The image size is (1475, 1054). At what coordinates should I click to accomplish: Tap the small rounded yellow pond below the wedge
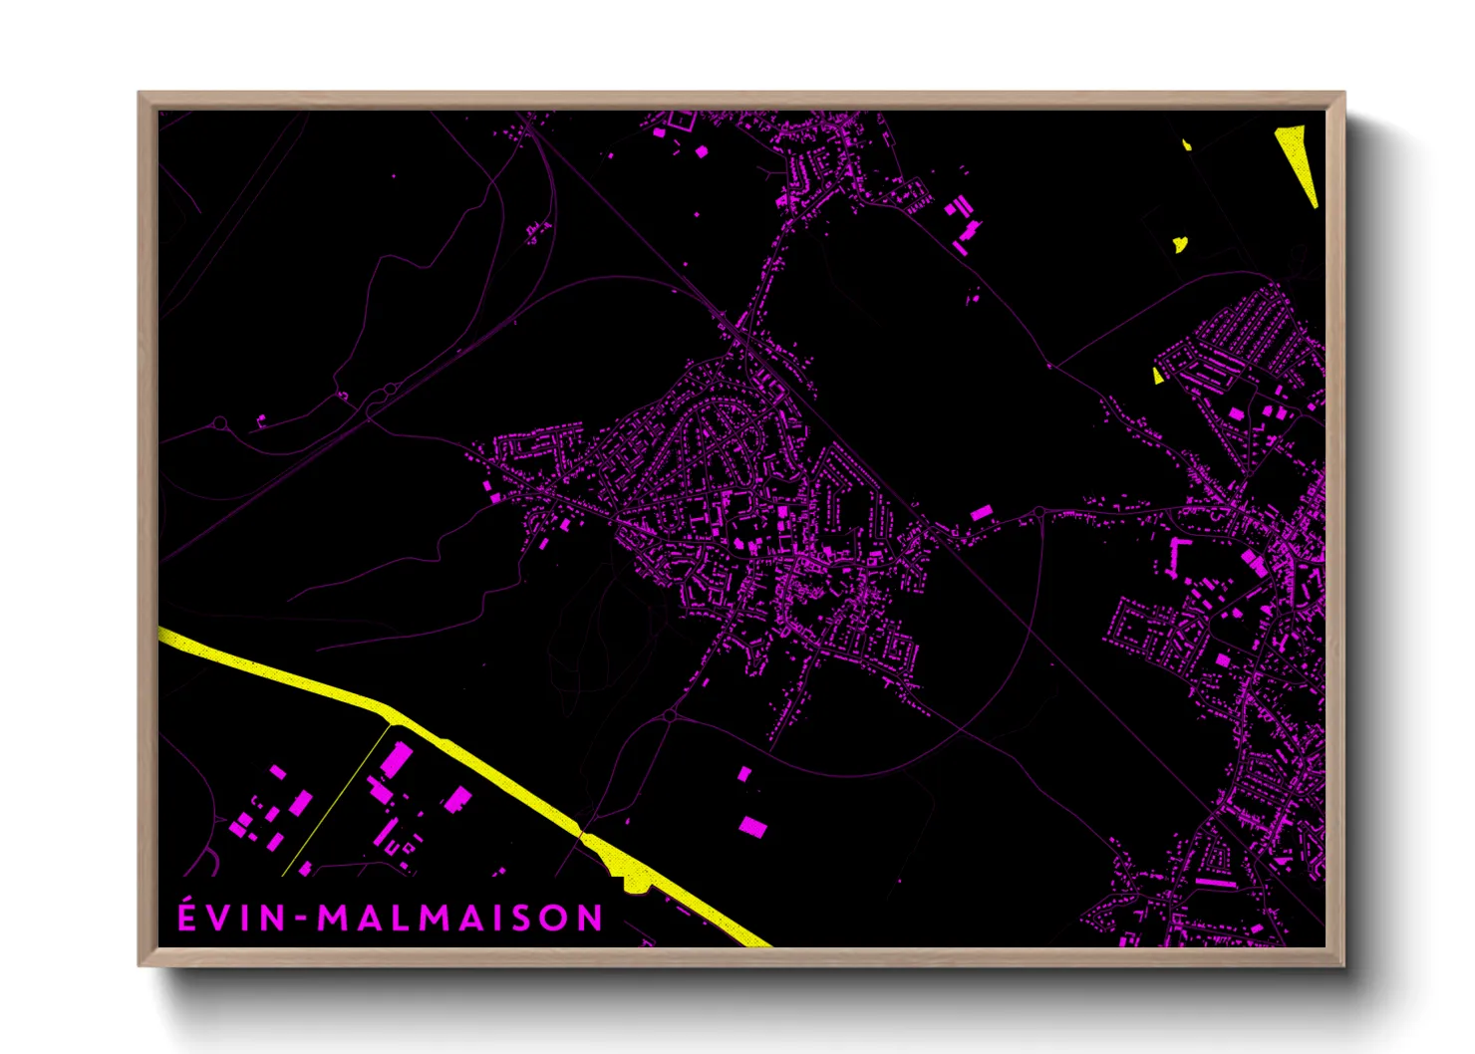point(1180,243)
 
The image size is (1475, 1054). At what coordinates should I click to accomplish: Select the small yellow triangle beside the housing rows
point(1158,376)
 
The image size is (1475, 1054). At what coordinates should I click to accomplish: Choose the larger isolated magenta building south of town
point(752,826)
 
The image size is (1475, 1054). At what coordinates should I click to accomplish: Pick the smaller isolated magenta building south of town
point(744,773)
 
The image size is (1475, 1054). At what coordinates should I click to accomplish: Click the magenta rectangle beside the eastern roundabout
point(981,512)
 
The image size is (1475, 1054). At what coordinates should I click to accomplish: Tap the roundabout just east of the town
point(1038,512)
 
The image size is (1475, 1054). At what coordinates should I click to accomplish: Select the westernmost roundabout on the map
point(219,424)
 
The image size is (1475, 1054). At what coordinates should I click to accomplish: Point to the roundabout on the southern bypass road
point(670,715)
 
